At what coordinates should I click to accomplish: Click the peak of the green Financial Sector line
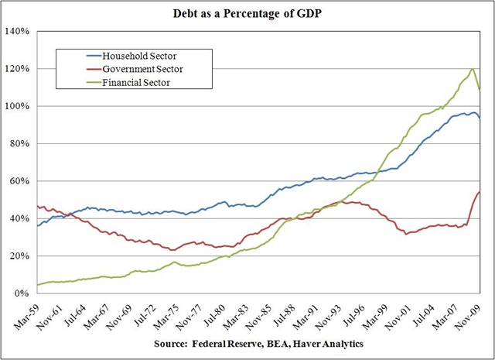[472, 69]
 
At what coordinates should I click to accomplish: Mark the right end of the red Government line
[480, 192]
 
